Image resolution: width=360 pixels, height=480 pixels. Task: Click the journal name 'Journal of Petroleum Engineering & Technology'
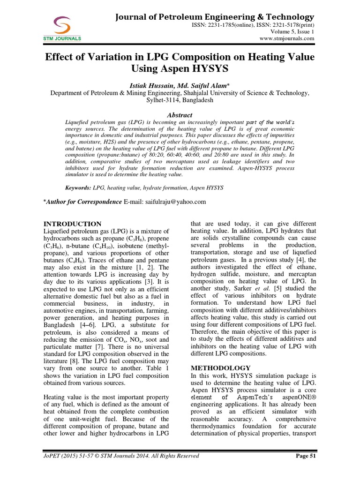(x=214, y=17)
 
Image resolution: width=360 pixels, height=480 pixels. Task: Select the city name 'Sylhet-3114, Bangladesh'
(x=180, y=100)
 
